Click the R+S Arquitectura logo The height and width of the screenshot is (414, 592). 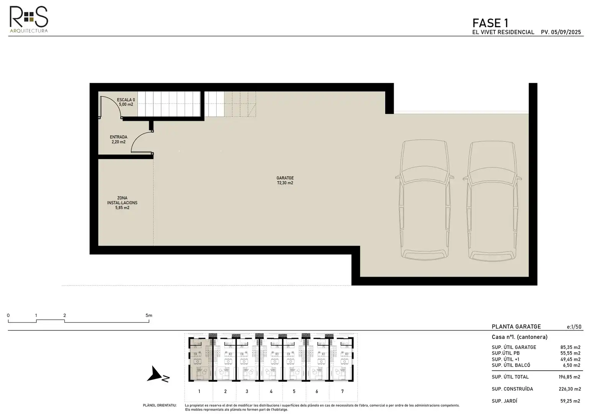29,19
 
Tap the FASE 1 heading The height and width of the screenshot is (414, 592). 490,23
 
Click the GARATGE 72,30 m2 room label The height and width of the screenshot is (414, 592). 285,181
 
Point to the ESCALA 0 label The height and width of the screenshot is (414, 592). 126,100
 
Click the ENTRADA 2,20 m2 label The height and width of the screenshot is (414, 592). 118,140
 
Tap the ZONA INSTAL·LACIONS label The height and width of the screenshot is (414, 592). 122,203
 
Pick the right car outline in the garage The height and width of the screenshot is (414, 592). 492,201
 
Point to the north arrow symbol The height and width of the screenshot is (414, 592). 158,375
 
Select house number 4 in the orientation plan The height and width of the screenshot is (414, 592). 271,391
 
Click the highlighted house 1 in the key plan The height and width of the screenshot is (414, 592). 200,360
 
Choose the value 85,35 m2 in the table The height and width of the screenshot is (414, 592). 570,347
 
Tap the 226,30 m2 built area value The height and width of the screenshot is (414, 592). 570,389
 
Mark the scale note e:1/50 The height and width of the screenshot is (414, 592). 574,327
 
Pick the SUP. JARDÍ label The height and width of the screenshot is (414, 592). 504,401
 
